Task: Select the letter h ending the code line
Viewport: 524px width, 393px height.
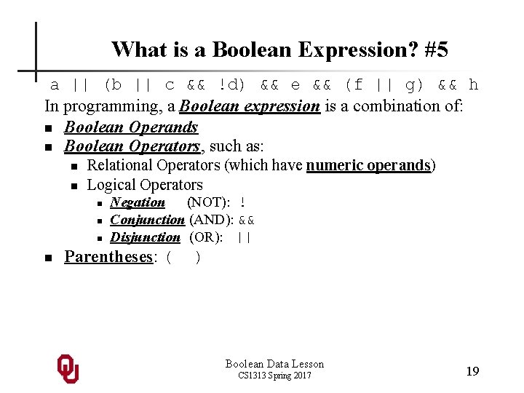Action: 474,85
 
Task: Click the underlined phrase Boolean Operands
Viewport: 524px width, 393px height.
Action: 131,127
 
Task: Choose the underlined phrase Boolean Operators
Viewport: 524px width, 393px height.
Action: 131,146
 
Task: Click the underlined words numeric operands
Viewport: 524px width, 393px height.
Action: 368,165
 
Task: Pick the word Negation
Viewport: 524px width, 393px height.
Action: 138,202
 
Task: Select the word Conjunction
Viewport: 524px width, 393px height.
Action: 147,220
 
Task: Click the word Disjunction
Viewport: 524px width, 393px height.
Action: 145,237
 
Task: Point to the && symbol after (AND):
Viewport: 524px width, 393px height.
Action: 247,220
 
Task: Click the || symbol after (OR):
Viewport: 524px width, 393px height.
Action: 244,237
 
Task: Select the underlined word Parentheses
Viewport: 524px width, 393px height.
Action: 109,257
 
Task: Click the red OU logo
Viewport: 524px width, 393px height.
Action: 68,369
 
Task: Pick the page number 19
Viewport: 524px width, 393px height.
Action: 472,371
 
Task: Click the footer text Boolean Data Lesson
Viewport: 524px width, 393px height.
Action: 274,364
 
